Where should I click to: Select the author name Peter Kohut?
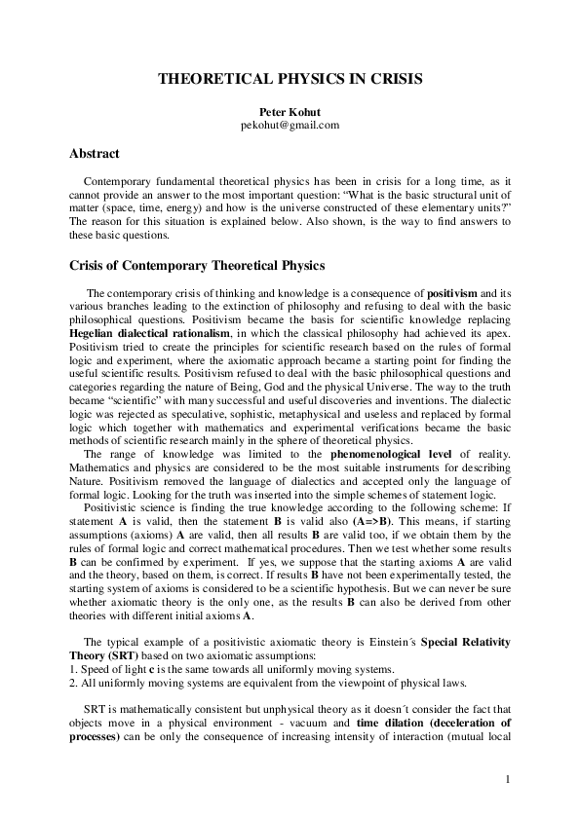coord(290,112)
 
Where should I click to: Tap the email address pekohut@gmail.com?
coord(290,126)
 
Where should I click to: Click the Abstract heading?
coord(95,154)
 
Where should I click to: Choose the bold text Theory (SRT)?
coord(102,654)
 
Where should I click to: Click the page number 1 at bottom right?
coord(508,780)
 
